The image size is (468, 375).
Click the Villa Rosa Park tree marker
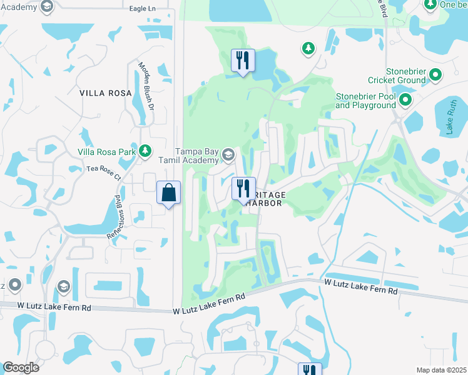pyautogui.click(x=145, y=151)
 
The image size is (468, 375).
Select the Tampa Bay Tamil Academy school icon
pyautogui.click(x=228, y=154)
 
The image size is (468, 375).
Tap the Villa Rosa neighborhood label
pyautogui.click(x=106, y=93)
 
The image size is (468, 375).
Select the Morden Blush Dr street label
pyautogui.click(x=146, y=86)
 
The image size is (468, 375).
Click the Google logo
pyautogui.click(x=21, y=367)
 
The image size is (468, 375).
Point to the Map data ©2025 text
pyautogui.click(x=441, y=370)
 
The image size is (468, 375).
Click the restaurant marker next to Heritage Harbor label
pyautogui.click(x=243, y=189)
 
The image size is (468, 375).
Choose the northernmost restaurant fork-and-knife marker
pyautogui.click(x=243, y=61)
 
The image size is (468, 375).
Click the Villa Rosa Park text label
pyautogui.click(x=107, y=151)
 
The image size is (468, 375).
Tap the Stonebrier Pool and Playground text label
pyautogui.click(x=366, y=101)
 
